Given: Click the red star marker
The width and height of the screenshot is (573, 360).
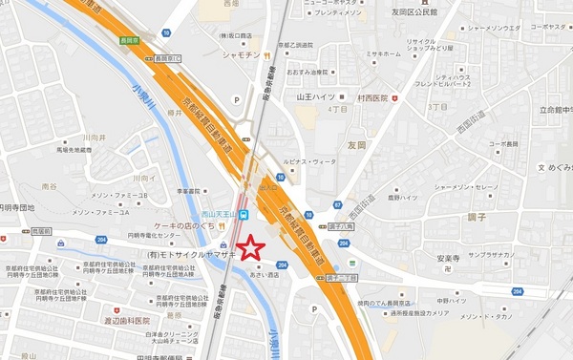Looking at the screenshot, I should [x=250, y=247].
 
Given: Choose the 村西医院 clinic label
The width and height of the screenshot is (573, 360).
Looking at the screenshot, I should [x=373, y=98].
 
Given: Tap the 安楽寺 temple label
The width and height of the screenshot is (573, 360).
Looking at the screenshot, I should [x=450, y=259].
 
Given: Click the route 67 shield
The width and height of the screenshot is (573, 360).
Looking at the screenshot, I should [x=338, y=204].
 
